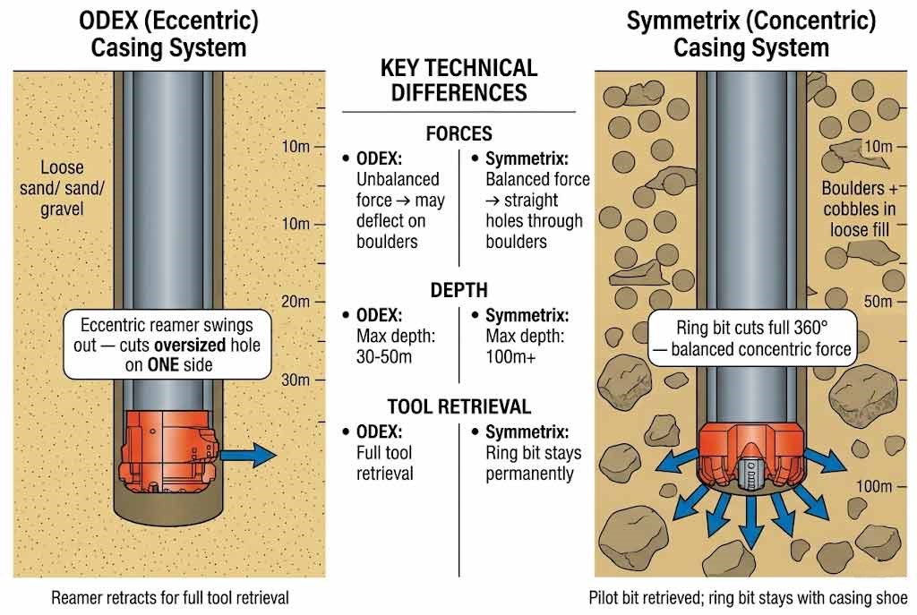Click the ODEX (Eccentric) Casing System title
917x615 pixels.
[169, 33]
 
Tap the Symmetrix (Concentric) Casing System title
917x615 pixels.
[750, 33]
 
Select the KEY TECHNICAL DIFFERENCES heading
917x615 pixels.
[458, 80]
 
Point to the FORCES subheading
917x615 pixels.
[458, 133]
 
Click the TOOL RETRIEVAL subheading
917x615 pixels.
[458, 406]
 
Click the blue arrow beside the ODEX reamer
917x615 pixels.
[249, 455]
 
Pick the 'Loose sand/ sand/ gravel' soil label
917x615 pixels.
[62, 188]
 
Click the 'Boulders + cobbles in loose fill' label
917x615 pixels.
[858, 209]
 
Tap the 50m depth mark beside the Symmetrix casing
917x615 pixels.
[878, 302]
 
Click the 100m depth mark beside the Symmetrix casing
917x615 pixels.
[874, 486]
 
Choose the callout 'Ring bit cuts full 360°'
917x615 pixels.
[750, 338]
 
